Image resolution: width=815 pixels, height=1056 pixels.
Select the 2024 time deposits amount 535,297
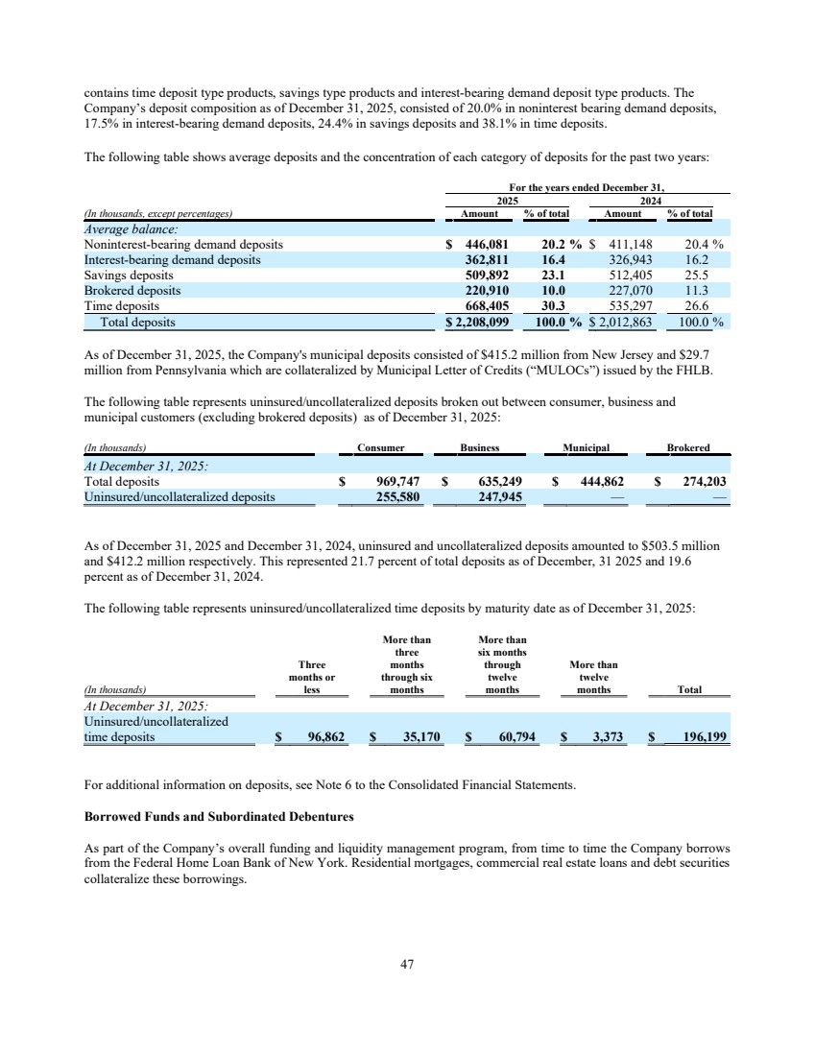(629, 306)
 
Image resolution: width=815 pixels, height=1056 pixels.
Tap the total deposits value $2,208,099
(482, 322)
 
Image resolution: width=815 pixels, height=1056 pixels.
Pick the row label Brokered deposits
(132, 291)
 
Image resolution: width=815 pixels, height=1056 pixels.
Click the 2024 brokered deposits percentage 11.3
(693, 291)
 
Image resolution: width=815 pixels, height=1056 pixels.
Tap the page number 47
(407, 965)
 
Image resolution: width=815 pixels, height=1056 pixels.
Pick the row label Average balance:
(126, 229)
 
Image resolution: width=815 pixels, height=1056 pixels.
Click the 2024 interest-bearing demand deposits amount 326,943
(629, 260)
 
